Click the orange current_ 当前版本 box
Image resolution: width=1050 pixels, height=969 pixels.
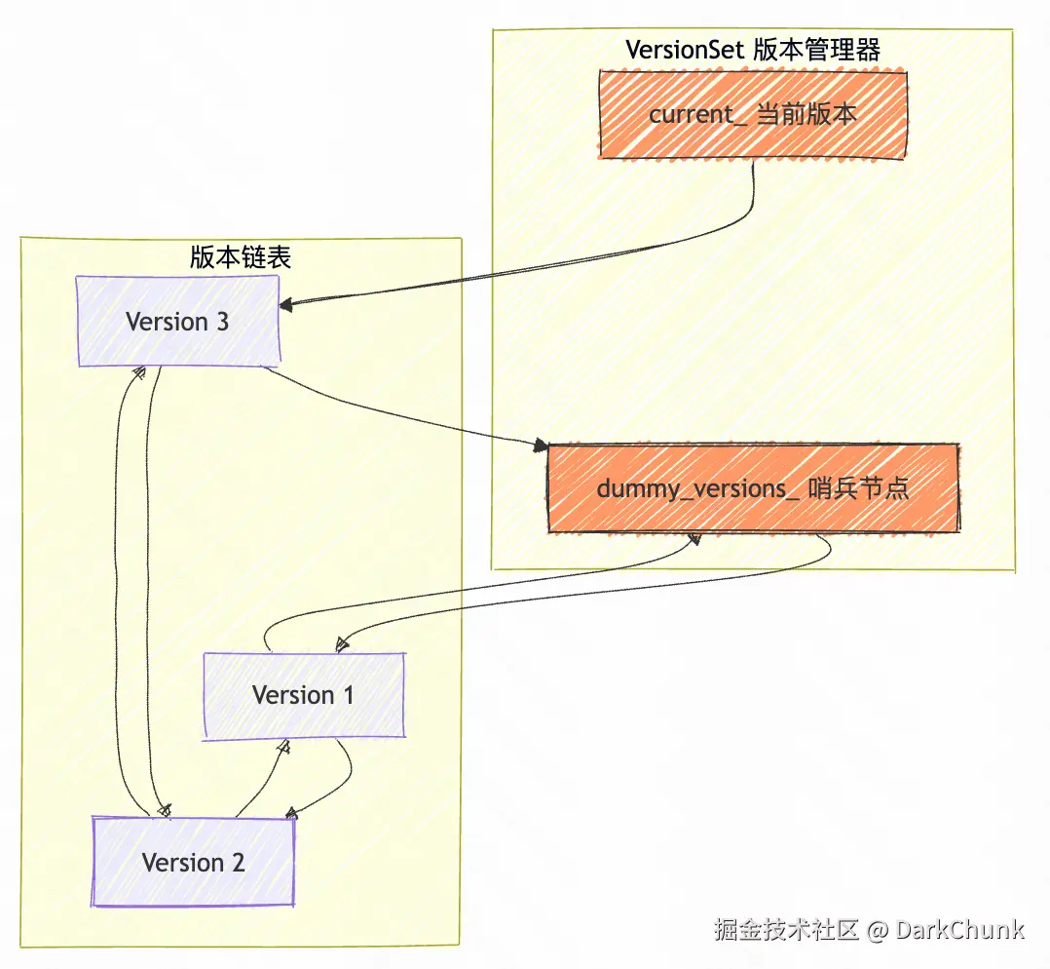tap(753, 114)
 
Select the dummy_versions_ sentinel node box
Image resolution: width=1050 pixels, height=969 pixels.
tap(753, 488)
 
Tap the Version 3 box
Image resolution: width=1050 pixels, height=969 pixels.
tap(178, 322)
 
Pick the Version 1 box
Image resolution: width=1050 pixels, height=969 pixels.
tap(303, 695)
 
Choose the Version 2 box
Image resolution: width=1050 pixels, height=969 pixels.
tap(193, 863)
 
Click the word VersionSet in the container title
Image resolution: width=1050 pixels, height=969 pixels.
tap(686, 50)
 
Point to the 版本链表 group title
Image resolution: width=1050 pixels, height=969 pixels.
tap(241, 256)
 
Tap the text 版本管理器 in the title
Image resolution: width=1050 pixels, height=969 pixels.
tap(817, 50)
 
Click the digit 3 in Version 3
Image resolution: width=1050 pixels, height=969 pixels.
tap(222, 322)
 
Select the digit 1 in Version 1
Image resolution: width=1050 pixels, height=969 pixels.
tap(347, 695)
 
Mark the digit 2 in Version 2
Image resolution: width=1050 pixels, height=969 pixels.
tap(237, 863)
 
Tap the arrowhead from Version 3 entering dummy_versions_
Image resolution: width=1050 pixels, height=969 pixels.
tap(540, 446)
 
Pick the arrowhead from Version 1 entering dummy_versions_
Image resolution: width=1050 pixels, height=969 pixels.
tap(694, 539)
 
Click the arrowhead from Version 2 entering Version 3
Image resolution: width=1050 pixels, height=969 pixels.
tap(139, 372)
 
